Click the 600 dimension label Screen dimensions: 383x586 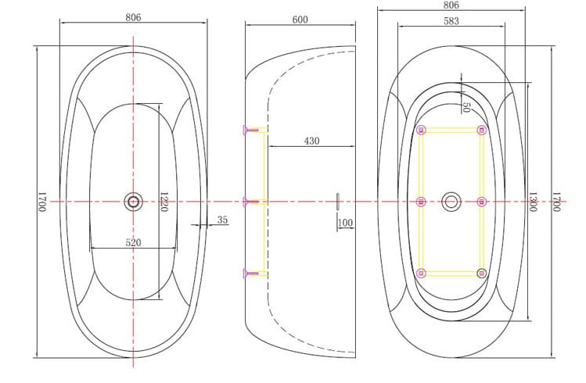point(300,20)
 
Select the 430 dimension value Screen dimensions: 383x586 point(311,141)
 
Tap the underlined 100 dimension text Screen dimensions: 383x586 point(345,224)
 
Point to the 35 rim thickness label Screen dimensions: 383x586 point(222,220)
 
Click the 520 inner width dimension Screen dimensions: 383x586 point(133,242)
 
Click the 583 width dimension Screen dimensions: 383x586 point(451,21)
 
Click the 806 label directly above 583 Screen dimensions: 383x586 point(451,5)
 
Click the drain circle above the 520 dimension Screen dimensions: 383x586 point(133,202)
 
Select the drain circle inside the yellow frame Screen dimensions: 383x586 point(451,202)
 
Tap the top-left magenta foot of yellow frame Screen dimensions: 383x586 point(422,130)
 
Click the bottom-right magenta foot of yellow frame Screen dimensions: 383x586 point(481,273)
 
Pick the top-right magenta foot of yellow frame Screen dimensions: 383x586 point(481,130)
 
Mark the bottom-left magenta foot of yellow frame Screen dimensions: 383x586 point(422,273)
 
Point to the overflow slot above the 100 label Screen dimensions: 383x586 point(337,202)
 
